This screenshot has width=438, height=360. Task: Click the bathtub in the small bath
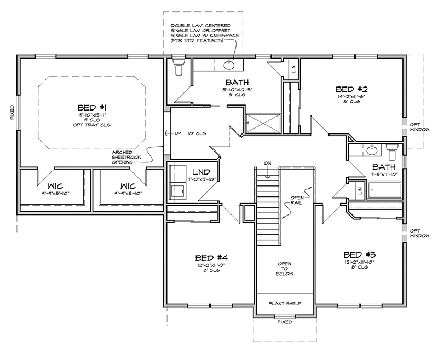tap(385, 191)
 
